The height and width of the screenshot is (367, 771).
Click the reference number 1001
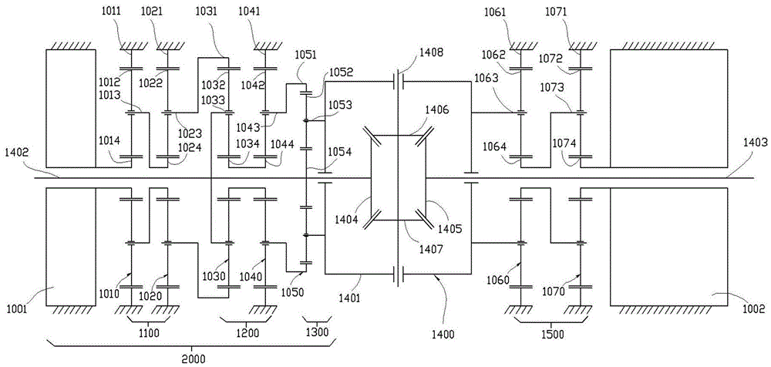pyautogui.click(x=17, y=309)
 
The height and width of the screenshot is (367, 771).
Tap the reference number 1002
pyautogui.click(x=752, y=309)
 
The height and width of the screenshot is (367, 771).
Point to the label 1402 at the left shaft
pyautogui.click(x=17, y=153)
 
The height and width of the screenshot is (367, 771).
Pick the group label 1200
pyautogui.click(x=247, y=333)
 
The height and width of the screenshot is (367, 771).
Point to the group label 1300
pyautogui.click(x=317, y=333)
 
